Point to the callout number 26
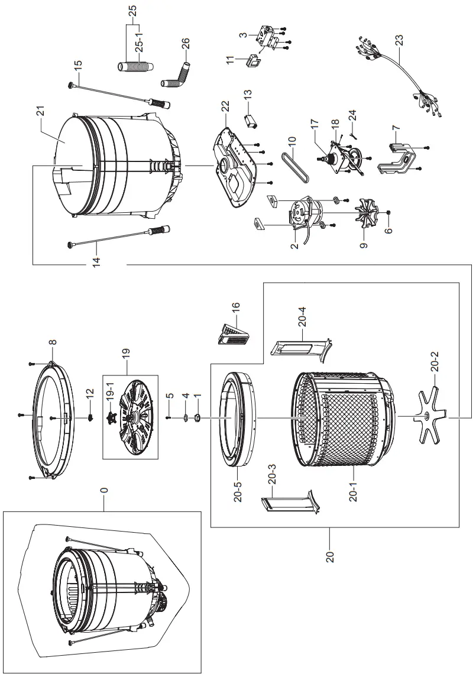click(185, 44)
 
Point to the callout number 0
click(103, 490)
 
